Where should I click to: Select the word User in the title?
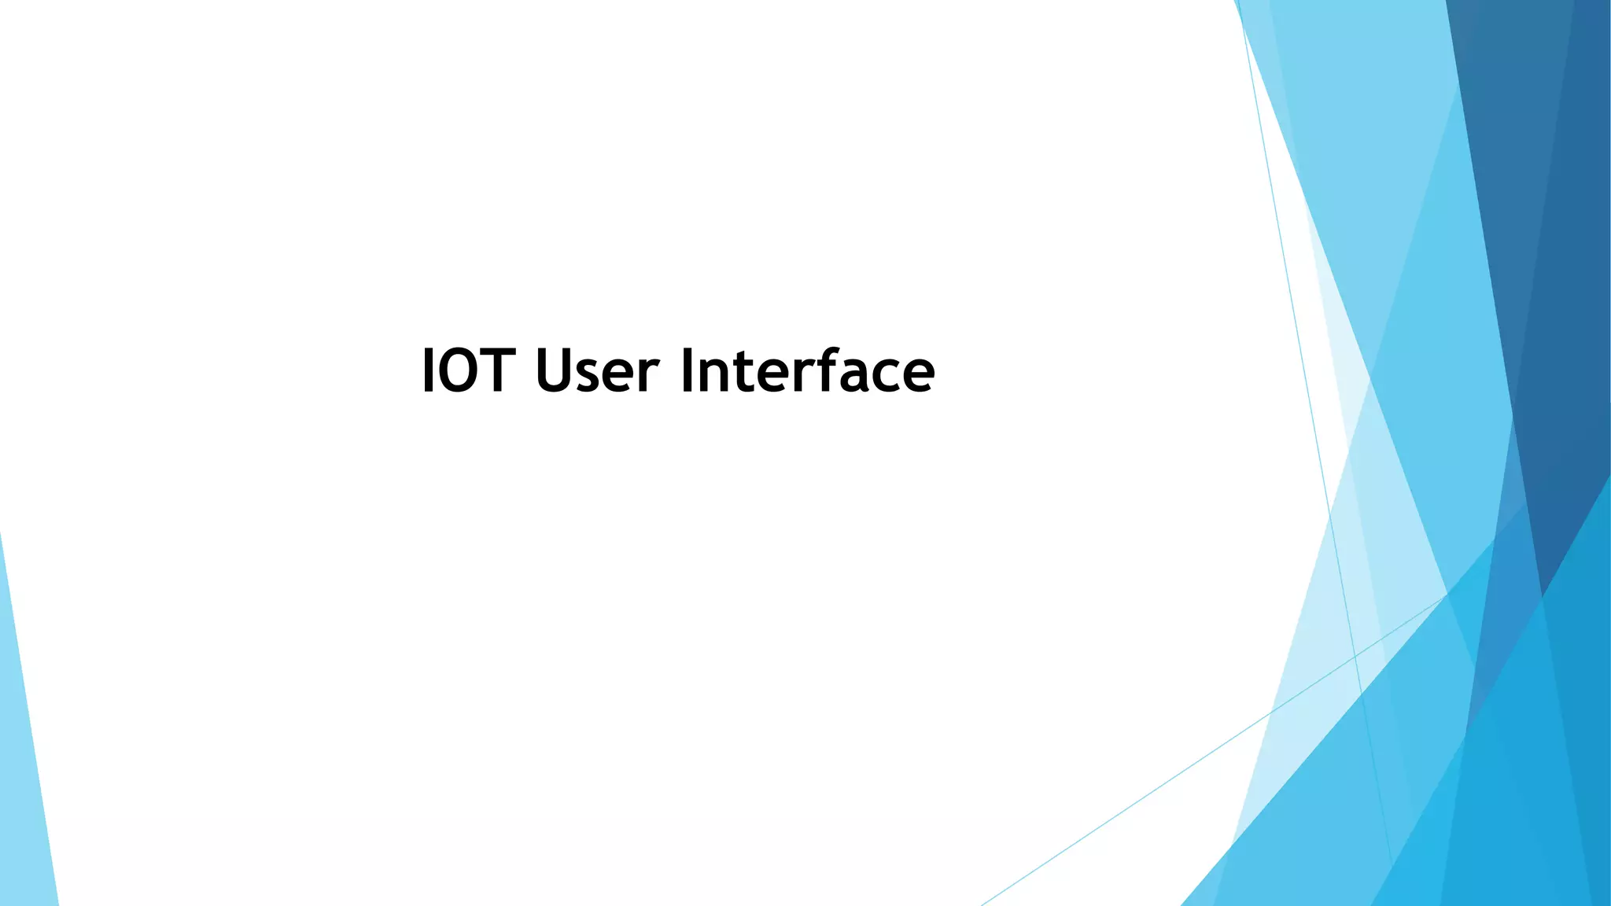(596, 370)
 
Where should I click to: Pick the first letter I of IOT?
(428, 370)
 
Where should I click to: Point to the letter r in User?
(651, 375)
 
